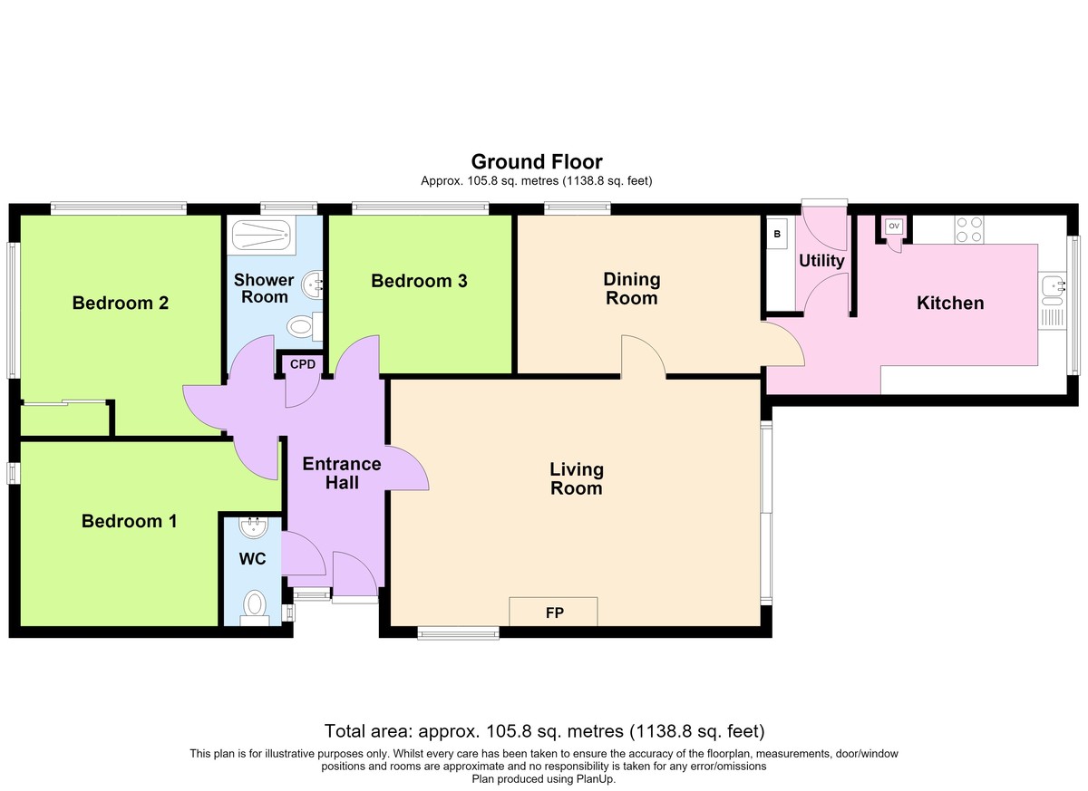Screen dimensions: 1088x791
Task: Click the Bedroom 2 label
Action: click(121, 304)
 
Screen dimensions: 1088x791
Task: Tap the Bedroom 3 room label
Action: click(419, 281)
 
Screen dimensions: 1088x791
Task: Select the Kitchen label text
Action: click(950, 304)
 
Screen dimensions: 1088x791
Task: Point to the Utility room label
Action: click(821, 261)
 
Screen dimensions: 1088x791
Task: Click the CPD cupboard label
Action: click(303, 364)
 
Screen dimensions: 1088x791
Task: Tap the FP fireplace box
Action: click(553, 612)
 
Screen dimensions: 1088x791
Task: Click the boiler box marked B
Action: click(777, 234)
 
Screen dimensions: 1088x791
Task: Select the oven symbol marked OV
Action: click(894, 227)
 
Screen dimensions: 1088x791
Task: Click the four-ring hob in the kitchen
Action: click(969, 230)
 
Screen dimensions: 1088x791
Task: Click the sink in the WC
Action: click(253, 527)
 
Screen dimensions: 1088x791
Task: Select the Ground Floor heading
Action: click(537, 161)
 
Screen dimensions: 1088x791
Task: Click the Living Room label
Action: click(577, 479)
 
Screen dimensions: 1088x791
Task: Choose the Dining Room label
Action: click(632, 289)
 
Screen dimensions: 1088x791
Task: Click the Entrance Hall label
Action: click(342, 473)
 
